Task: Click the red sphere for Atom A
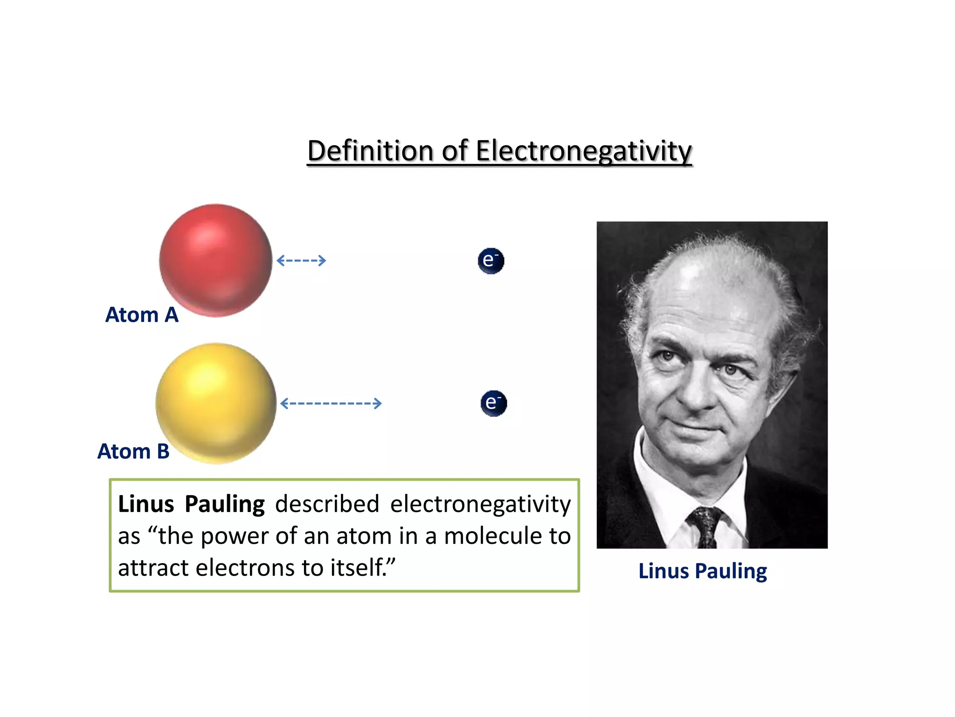[215, 260]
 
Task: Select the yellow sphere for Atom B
[216, 403]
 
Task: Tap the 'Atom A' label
[142, 315]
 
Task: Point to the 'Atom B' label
[133, 451]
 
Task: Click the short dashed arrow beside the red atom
[301, 260]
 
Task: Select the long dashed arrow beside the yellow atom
[331, 403]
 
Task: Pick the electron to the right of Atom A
[491, 260]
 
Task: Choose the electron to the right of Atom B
[493, 403]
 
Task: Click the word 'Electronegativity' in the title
[584, 152]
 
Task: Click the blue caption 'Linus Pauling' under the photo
[702, 571]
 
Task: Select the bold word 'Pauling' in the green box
[225, 505]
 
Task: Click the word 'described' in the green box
[327, 504]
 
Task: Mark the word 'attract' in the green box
[153, 568]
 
